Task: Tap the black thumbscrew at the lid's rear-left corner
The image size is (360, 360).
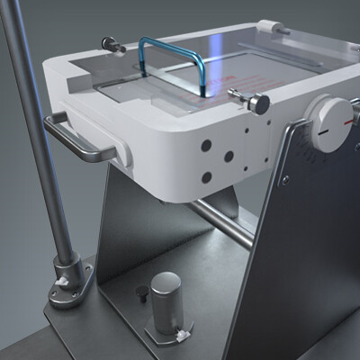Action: click(110, 41)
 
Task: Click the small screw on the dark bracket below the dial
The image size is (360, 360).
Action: click(285, 179)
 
